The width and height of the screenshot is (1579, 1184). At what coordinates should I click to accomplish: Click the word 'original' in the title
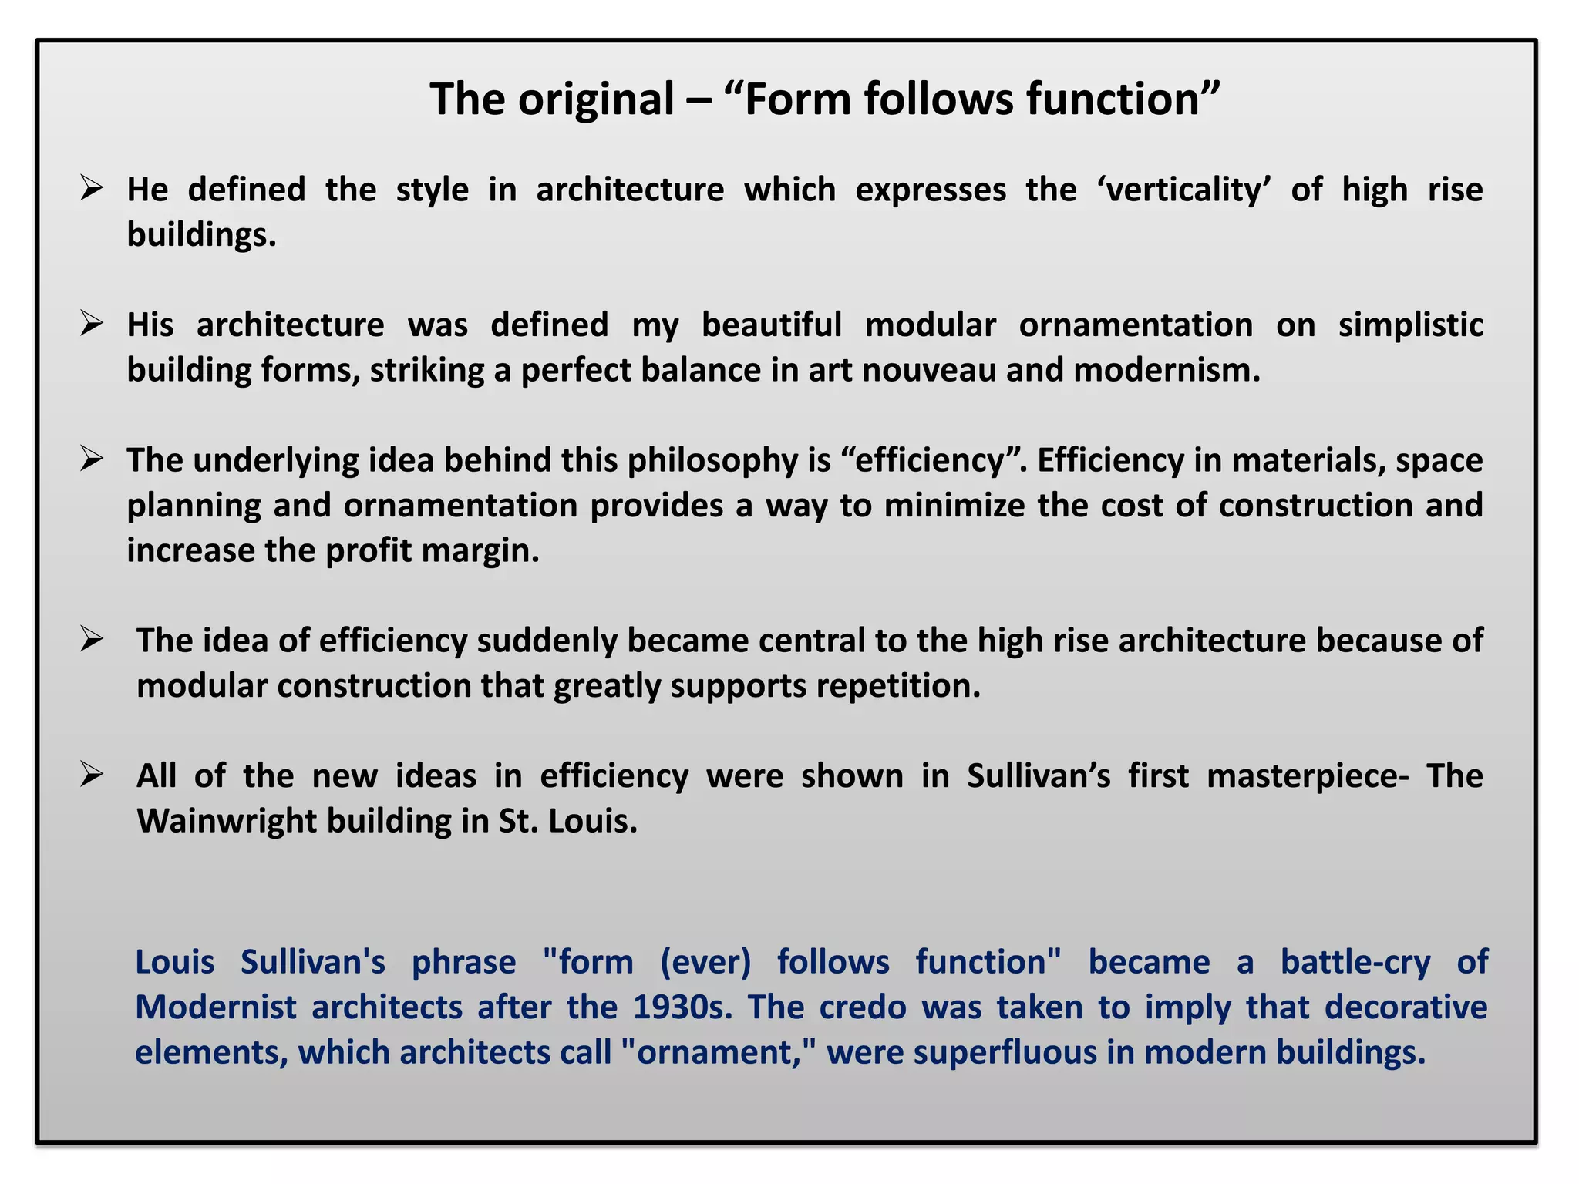point(595,99)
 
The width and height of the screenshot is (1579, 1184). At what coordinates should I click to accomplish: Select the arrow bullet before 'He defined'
point(91,188)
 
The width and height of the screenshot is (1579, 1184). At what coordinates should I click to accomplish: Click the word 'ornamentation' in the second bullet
point(1136,325)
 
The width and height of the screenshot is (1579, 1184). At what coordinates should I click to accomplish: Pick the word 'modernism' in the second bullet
point(1166,370)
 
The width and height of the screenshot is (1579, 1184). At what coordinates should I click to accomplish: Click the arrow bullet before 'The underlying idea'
point(91,459)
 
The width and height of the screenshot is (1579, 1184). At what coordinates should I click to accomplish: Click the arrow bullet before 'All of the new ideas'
point(91,773)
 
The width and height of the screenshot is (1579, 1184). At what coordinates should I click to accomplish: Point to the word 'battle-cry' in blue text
point(1355,962)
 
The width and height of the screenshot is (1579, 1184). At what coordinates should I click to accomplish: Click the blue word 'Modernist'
point(215,1007)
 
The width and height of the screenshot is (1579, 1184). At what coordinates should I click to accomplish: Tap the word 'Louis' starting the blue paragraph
point(174,962)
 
